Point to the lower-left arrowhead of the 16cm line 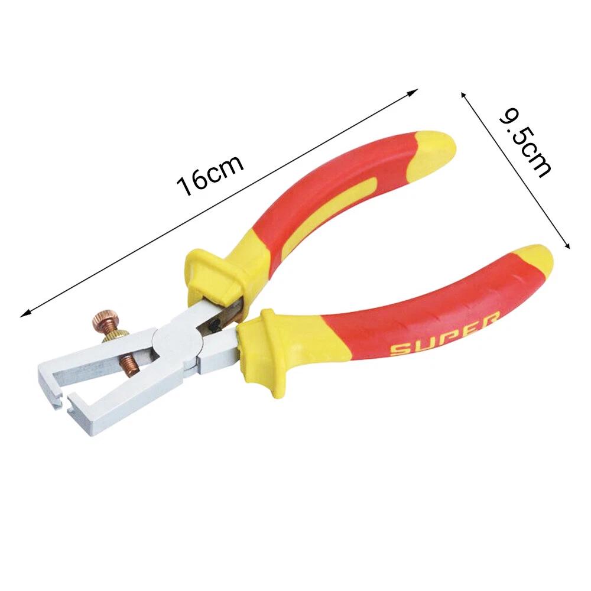tap(24, 315)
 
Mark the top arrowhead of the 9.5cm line tap(463, 93)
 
